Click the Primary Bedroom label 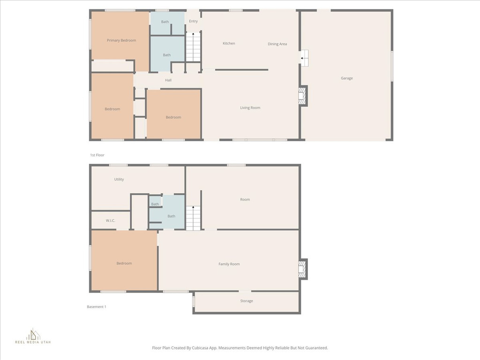click(x=121, y=40)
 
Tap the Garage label click(x=347, y=78)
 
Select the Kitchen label click(x=229, y=44)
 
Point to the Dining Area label click(x=277, y=44)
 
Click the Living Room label click(x=250, y=108)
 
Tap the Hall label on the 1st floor click(x=168, y=80)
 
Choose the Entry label click(x=193, y=21)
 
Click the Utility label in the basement click(x=119, y=180)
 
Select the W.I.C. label click(x=111, y=221)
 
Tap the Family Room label click(x=229, y=264)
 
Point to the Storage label click(x=247, y=301)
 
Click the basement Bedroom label click(x=124, y=263)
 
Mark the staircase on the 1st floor click(x=193, y=47)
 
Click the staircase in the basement click(x=193, y=218)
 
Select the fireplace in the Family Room click(x=302, y=269)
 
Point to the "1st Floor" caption click(x=97, y=155)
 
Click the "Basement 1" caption click(x=97, y=307)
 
